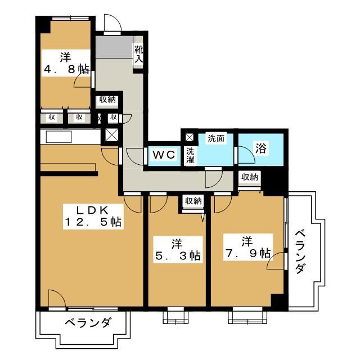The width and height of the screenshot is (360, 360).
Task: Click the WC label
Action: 164,154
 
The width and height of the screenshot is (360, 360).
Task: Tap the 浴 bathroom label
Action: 261,149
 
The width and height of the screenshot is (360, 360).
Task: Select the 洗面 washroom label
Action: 215,138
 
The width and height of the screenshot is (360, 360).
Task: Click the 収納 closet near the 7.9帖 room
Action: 249,178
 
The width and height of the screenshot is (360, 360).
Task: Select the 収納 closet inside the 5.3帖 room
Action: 193,201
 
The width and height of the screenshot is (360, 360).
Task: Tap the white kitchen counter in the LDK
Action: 67,137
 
